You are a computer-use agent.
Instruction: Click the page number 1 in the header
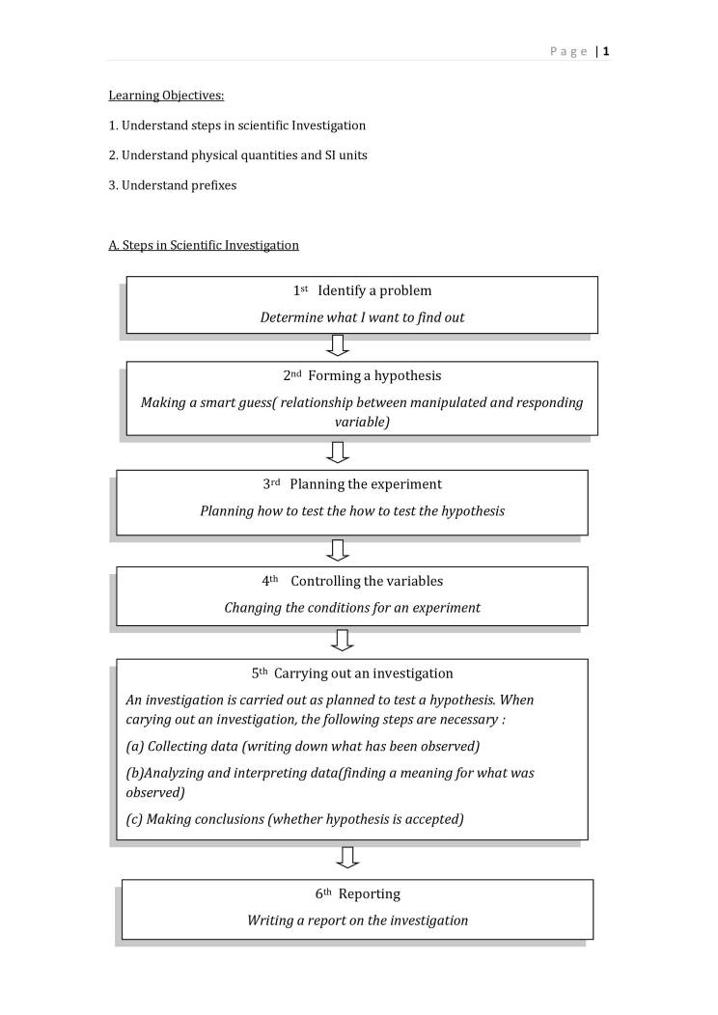[x=606, y=51]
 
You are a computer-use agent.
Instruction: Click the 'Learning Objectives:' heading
[x=166, y=96]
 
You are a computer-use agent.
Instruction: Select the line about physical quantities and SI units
[x=237, y=154]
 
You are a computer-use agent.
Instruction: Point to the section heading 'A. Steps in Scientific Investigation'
[x=204, y=245]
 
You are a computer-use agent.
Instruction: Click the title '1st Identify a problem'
[x=362, y=290]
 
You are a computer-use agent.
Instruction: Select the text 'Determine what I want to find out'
[x=362, y=317]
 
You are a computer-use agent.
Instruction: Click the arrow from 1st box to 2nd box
[x=338, y=345]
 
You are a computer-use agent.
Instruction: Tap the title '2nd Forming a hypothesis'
[x=362, y=375]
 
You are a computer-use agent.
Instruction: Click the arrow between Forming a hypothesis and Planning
[x=338, y=452]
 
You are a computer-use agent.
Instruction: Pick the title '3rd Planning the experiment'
[x=352, y=484]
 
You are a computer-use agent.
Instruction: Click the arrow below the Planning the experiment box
[x=338, y=550]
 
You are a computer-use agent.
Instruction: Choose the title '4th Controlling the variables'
[x=352, y=581]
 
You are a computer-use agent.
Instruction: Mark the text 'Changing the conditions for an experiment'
[x=352, y=608]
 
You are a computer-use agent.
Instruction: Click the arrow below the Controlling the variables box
[x=342, y=640]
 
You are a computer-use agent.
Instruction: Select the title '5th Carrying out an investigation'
[x=352, y=673]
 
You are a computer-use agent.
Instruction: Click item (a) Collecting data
[x=303, y=746]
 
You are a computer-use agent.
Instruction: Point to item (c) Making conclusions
[x=295, y=819]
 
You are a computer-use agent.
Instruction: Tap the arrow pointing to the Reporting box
[x=349, y=857]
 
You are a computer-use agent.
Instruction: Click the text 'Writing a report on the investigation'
[x=357, y=920]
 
